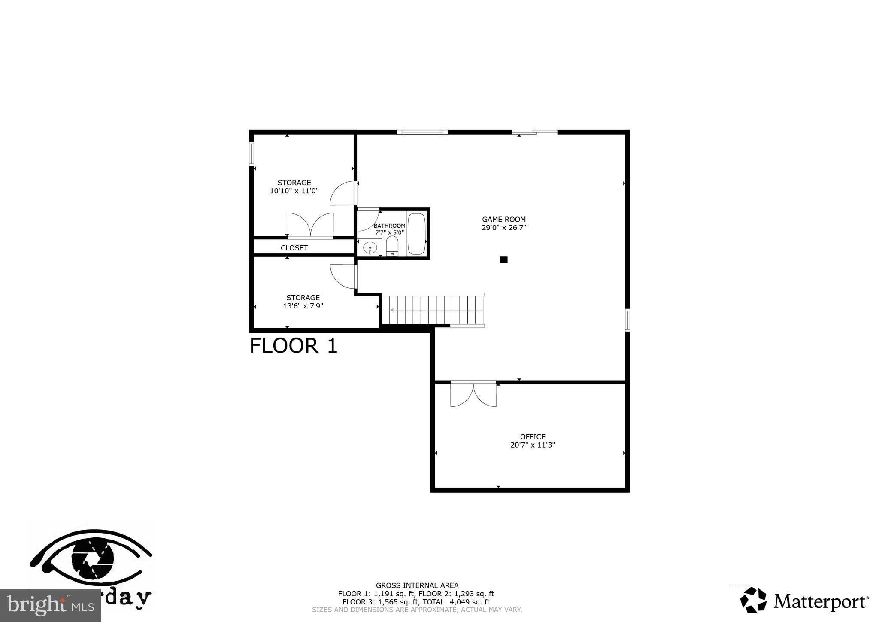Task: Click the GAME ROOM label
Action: (503, 219)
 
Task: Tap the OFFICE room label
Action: (533, 436)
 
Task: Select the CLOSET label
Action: (294, 248)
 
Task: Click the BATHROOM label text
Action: (389, 226)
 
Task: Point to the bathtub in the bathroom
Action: (416, 234)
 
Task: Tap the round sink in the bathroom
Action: (370, 248)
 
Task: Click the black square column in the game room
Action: (503, 259)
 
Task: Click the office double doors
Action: (473, 394)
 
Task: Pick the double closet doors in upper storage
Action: (310, 225)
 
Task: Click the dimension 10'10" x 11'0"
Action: (294, 191)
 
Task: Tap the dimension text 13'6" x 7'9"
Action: (303, 306)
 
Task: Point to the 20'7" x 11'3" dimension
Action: (533, 445)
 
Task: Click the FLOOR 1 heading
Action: (294, 346)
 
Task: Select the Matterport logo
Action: (804, 601)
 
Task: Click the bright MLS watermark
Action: (50, 606)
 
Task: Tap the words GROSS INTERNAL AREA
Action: (417, 585)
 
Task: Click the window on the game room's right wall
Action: (627, 320)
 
